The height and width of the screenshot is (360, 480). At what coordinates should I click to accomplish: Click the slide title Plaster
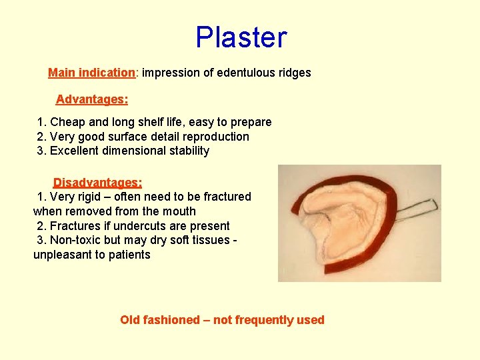241,37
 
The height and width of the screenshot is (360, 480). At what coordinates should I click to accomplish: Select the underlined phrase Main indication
91,73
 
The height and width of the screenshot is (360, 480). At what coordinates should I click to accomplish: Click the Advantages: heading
92,99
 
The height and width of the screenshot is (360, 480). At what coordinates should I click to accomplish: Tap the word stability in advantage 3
187,151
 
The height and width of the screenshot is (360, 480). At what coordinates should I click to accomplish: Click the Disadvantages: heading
97,182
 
